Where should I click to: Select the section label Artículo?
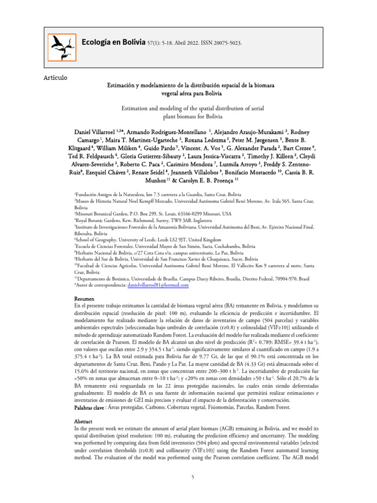coord(55,78)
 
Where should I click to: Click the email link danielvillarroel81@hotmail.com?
coord(158,284)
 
